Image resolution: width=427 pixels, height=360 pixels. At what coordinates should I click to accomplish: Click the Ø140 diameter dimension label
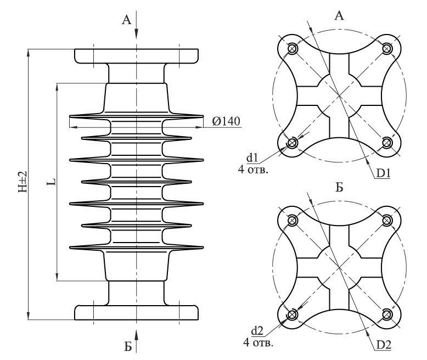(226, 121)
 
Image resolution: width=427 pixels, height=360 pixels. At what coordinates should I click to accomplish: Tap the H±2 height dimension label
(23, 182)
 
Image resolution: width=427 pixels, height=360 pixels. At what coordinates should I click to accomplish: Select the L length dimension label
(52, 182)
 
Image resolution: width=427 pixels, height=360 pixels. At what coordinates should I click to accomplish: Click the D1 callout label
(384, 173)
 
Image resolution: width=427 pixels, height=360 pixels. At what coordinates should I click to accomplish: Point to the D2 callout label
(384, 345)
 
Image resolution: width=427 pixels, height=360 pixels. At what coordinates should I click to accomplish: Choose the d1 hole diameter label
(252, 157)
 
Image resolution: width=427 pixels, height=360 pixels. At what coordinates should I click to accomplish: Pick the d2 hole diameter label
(257, 331)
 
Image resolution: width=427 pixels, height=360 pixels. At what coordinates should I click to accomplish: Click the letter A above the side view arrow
(127, 20)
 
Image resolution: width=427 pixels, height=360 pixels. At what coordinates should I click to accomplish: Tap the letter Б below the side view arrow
(128, 347)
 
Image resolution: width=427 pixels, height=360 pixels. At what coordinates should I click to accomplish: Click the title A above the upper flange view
(339, 15)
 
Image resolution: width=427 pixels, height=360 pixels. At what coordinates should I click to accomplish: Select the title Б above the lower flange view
(339, 187)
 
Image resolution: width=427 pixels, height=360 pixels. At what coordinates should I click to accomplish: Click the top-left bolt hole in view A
(292, 49)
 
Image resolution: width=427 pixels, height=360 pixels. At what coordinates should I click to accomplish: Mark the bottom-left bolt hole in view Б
(292, 314)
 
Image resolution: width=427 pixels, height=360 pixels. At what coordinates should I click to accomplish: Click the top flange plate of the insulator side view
(137, 57)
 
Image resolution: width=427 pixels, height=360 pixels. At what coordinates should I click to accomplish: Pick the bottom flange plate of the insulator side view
(137, 313)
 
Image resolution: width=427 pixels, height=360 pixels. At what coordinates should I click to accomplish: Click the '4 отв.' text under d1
(253, 170)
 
